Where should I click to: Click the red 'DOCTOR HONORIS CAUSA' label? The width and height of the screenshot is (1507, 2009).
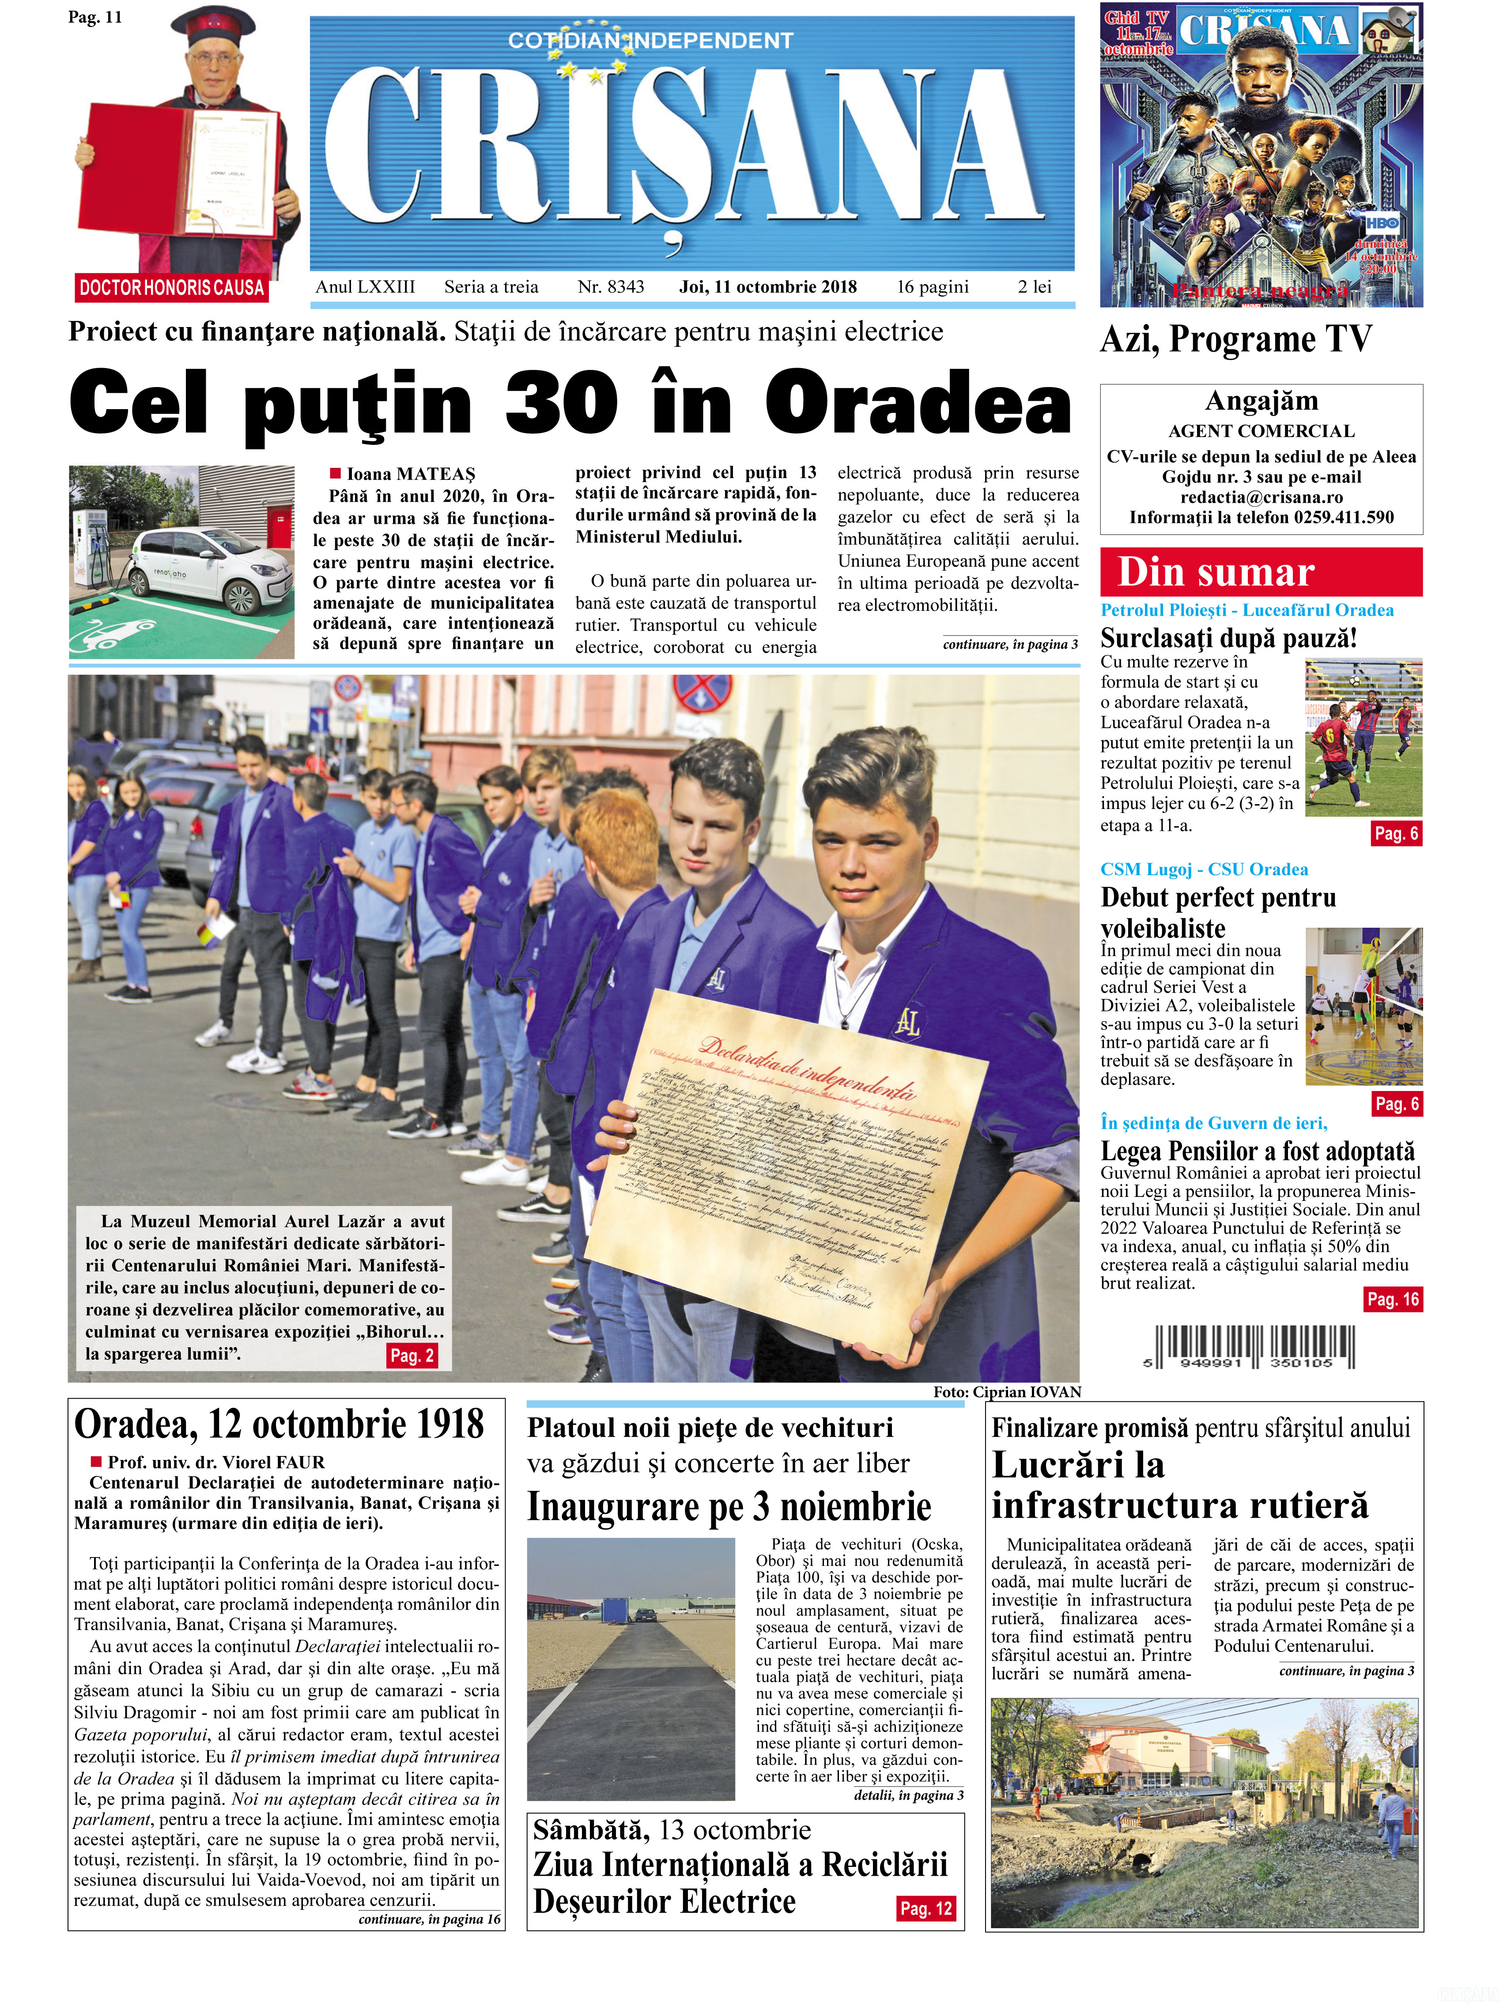tap(171, 288)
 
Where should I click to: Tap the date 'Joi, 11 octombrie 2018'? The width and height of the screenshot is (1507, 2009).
tap(767, 287)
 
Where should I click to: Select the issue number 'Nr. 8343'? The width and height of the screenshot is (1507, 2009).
tap(610, 287)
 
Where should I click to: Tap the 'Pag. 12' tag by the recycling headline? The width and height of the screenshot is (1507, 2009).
tap(925, 1908)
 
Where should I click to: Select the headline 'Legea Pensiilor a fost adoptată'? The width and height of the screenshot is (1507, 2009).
tap(1257, 1151)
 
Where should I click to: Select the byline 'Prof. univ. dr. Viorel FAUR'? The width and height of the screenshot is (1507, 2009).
tap(216, 1462)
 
